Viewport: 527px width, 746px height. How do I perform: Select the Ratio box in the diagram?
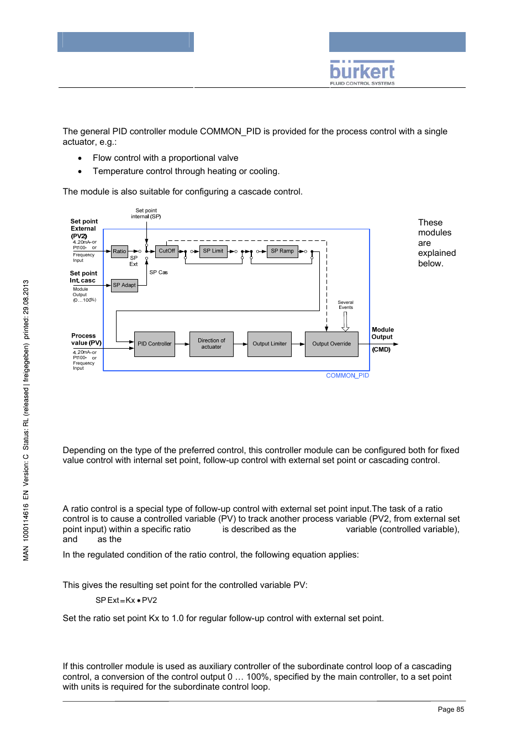click(x=119, y=251)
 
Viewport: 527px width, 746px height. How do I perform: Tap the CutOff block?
click(x=166, y=251)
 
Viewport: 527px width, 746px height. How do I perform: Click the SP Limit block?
click(x=213, y=251)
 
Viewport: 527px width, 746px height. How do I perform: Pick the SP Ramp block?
click(x=282, y=251)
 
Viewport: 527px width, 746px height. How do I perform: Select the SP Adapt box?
click(x=124, y=285)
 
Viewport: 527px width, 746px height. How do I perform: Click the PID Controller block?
click(x=154, y=344)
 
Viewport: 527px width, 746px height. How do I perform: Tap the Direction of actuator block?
click(x=211, y=344)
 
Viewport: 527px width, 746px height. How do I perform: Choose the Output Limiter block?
click(x=270, y=344)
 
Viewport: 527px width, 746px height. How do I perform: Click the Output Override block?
click(x=331, y=344)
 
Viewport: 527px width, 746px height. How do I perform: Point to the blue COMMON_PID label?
click(x=347, y=376)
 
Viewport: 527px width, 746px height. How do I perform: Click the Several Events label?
click(x=346, y=305)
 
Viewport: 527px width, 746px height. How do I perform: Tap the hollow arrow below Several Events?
click(x=345, y=322)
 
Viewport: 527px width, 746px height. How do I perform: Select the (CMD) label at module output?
click(x=381, y=349)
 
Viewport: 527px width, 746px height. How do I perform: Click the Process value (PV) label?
click(x=86, y=339)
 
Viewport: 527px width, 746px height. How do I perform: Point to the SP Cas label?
click(x=159, y=272)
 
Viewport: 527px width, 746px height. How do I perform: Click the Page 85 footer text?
click(x=451, y=710)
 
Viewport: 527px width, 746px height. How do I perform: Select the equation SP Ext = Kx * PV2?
click(x=126, y=600)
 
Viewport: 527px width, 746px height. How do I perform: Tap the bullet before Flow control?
click(x=80, y=158)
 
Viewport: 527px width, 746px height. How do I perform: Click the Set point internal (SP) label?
click(x=146, y=214)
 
